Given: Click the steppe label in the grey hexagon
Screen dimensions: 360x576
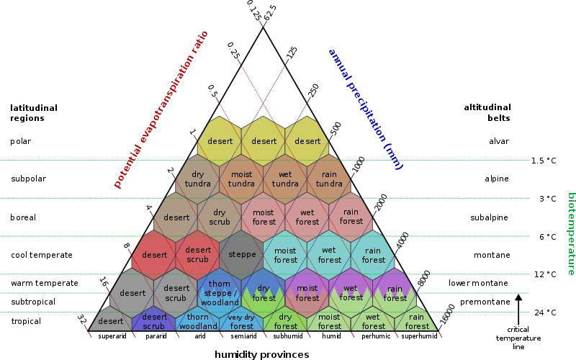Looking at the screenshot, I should (242, 255).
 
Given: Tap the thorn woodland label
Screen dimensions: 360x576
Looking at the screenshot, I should (198, 322).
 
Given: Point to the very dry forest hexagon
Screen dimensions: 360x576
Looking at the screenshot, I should (241, 322).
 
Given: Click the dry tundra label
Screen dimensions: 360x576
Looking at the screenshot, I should (198, 179).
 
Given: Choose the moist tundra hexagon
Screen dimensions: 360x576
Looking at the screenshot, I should (242, 179).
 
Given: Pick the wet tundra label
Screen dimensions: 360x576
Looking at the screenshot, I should (286, 179).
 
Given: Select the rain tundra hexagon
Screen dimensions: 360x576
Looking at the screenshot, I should (329, 179).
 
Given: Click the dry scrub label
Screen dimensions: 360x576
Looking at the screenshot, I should (220, 217).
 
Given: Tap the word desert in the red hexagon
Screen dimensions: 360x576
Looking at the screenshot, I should (154, 255).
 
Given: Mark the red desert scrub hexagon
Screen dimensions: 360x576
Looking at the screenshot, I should (198, 255).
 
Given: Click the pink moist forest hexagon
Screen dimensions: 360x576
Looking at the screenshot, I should (264, 217).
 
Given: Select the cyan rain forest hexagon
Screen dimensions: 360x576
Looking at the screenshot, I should (373, 255).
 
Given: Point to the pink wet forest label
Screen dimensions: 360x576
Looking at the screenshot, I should (307, 217).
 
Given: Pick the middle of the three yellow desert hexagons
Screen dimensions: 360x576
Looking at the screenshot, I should (264, 141).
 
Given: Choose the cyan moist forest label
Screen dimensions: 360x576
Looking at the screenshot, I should (286, 255).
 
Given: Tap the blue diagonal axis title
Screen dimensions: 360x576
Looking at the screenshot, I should (366, 108).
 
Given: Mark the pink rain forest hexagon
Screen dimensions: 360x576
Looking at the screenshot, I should (351, 217).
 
